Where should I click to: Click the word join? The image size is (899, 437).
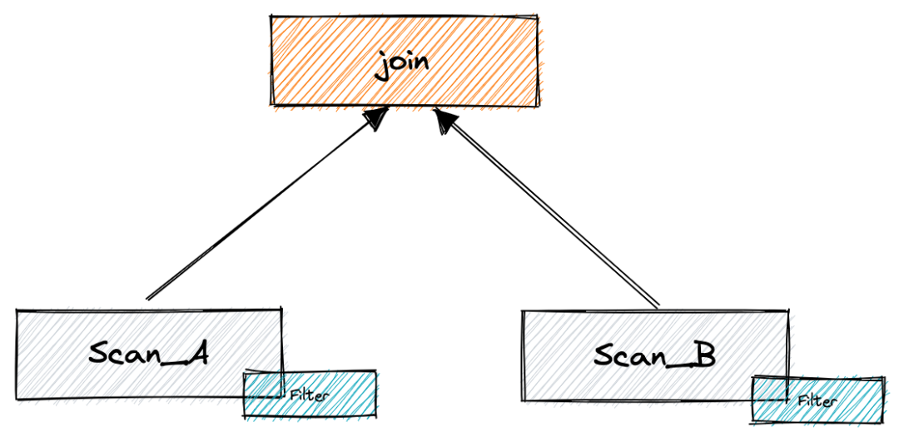403,63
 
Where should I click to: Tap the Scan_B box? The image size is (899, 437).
583,375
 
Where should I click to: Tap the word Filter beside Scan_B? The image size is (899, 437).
817,400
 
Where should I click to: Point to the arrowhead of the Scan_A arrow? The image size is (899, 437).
376,119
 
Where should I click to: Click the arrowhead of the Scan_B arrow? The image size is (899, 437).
444,122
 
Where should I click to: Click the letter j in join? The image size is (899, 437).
380,65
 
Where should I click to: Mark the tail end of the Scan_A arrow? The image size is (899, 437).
147,298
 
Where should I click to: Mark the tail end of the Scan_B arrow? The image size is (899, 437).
658,306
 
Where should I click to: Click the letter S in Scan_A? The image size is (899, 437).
101,352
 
